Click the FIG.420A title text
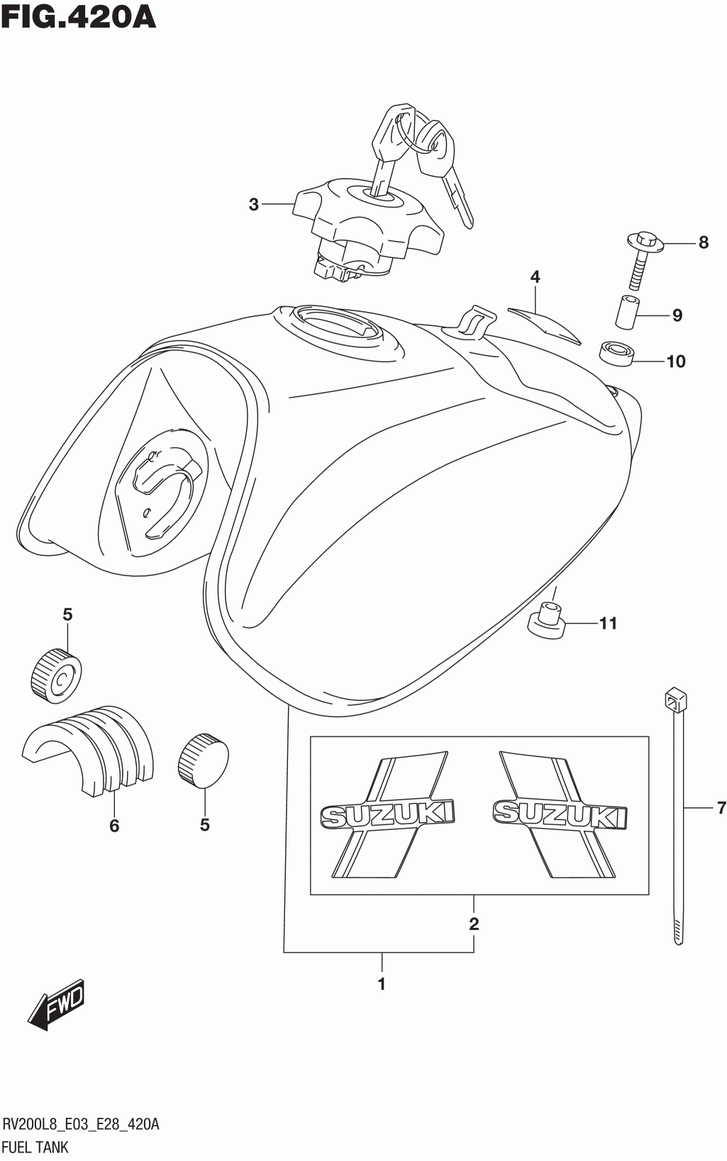[78, 16]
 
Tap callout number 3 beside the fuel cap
[254, 205]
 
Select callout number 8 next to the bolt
[703, 243]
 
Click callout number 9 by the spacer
[677, 315]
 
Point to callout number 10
[676, 361]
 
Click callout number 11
[608, 624]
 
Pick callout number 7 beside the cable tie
[721, 807]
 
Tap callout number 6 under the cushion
[114, 826]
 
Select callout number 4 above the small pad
[535, 277]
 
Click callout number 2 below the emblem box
[474, 924]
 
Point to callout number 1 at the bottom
[382, 984]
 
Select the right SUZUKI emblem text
[560, 814]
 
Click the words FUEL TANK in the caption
[35, 1147]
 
